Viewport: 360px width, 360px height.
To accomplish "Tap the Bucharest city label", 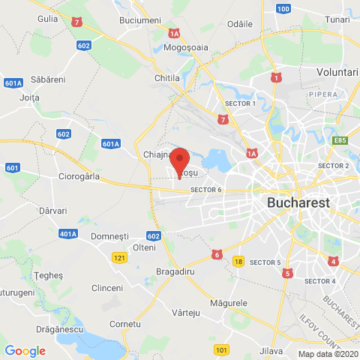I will [298, 202].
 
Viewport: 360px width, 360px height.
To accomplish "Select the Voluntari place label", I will [337, 71].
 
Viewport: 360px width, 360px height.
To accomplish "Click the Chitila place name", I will [166, 77].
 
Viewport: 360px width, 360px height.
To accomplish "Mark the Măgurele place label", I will [229, 302].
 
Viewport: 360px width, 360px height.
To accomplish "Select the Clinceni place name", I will [106, 288].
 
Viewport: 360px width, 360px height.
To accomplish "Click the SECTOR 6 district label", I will [206, 190].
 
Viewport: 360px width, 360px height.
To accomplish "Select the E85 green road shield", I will [342, 139].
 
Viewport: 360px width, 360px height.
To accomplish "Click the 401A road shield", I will [67, 234].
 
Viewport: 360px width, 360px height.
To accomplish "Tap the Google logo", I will [25, 350].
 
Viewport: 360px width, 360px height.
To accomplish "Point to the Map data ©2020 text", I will [328, 354].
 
